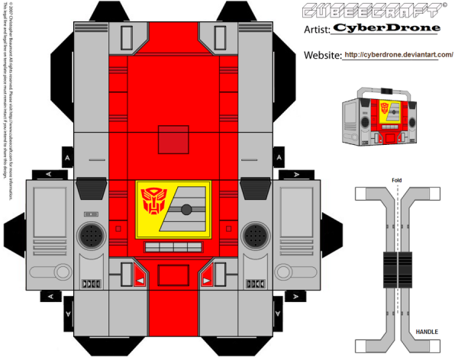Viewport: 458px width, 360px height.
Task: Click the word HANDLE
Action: (x=425, y=332)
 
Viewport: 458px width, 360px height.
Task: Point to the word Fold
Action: (x=398, y=180)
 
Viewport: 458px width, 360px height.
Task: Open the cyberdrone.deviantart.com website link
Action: (x=398, y=55)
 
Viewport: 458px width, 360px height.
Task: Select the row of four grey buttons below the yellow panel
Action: (x=173, y=247)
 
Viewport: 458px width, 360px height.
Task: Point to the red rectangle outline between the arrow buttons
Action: (x=173, y=276)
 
